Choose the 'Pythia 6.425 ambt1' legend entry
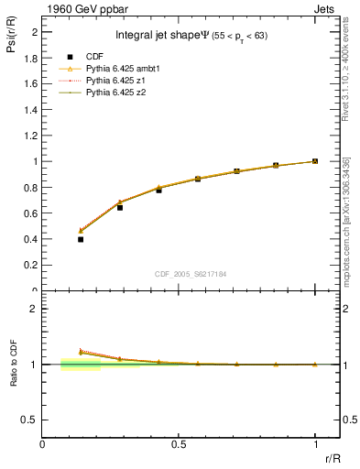pyautogui.click(x=125, y=69)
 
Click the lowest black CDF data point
pyautogui.click(x=81, y=239)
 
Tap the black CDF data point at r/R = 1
pyautogui.click(x=315, y=161)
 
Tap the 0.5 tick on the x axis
pyautogui.click(x=179, y=444)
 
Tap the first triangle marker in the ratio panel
pyautogui.click(x=81, y=352)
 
